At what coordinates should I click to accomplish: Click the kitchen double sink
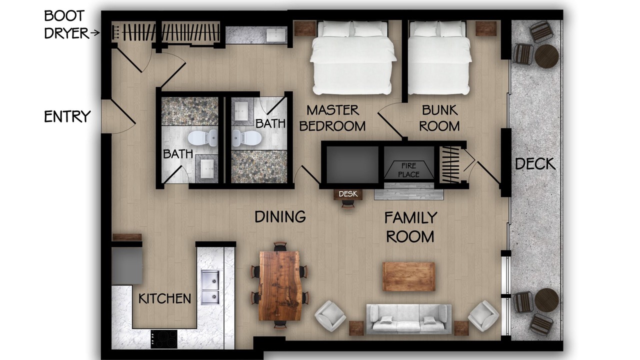pyautogui.click(x=210, y=287)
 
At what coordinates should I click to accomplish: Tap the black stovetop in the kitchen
pyautogui.click(x=164, y=339)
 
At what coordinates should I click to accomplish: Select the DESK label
pyautogui.click(x=348, y=194)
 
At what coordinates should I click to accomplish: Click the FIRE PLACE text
pyautogui.click(x=408, y=170)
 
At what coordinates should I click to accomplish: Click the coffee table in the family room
pyautogui.click(x=408, y=276)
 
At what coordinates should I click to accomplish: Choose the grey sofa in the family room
pyautogui.click(x=409, y=319)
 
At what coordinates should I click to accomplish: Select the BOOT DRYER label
pyautogui.click(x=66, y=24)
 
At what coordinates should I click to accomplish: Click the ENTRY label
pyautogui.click(x=67, y=116)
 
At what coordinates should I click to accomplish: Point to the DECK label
pyautogui.click(x=535, y=164)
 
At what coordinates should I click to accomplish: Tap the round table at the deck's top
pyautogui.click(x=546, y=56)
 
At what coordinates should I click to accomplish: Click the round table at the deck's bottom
pyautogui.click(x=546, y=300)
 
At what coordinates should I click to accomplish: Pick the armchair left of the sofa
pyautogui.click(x=330, y=315)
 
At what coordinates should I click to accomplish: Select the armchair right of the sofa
pyautogui.click(x=483, y=315)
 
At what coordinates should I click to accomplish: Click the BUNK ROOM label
pyautogui.click(x=439, y=118)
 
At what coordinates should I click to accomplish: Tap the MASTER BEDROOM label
pyautogui.click(x=332, y=118)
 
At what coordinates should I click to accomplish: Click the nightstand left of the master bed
pyautogui.click(x=305, y=28)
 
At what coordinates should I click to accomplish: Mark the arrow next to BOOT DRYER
pyautogui.click(x=95, y=33)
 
